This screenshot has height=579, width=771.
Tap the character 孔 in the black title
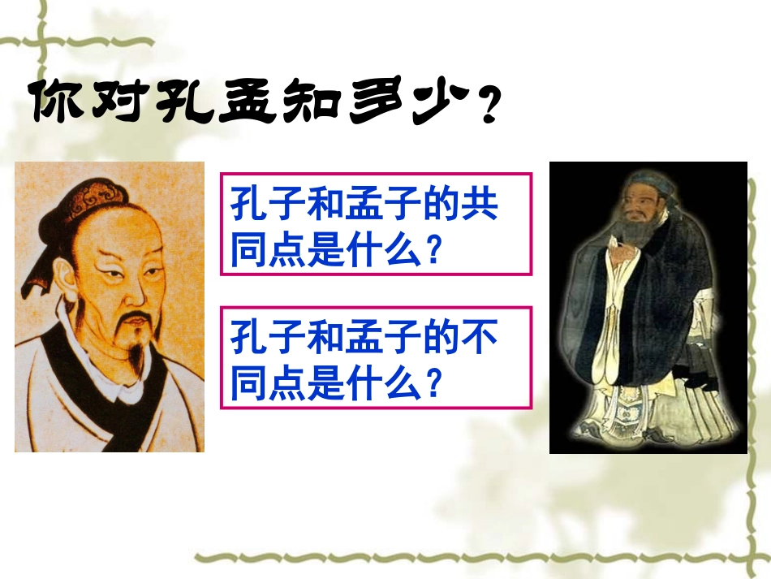[x=181, y=102]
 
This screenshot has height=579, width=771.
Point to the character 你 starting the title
[x=54, y=101]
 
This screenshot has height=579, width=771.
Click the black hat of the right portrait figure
[x=641, y=184]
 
